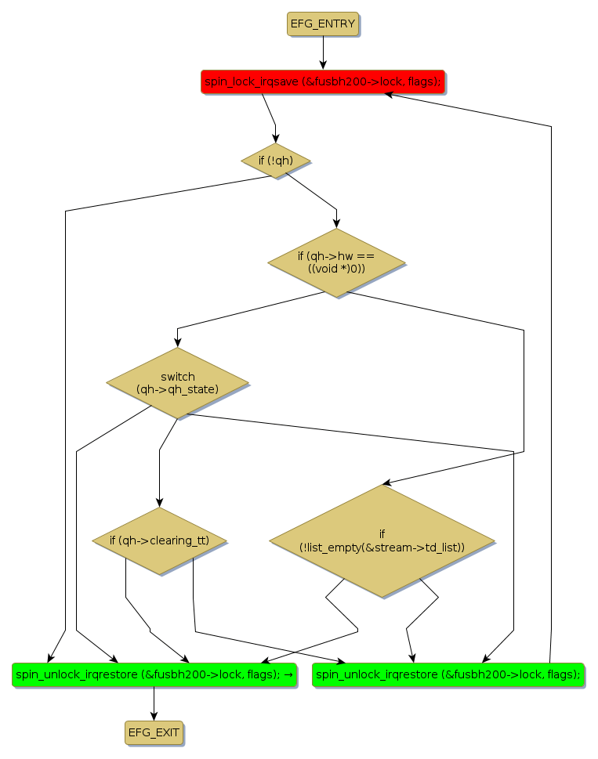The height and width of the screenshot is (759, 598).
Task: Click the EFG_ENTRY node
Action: (x=323, y=24)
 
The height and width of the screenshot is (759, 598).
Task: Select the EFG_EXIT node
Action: (x=154, y=733)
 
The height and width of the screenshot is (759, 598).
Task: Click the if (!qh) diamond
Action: (x=275, y=161)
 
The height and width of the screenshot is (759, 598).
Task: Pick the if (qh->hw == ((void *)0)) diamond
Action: (x=336, y=262)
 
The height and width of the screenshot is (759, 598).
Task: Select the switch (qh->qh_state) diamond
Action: (x=177, y=382)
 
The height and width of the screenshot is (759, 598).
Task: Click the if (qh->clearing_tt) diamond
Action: (x=159, y=540)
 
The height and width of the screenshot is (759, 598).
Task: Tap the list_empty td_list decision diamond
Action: (x=382, y=541)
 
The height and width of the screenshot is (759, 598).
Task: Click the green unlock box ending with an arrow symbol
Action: (x=154, y=674)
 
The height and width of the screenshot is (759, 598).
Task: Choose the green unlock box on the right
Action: (x=449, y=674)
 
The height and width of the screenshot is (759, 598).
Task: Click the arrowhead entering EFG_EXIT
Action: (x=154, y=716)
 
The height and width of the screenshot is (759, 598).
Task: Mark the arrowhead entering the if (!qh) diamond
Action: (x=275, y=139)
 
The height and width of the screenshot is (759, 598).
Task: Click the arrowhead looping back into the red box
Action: (x=388, y=94)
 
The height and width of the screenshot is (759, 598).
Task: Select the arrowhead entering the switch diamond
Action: (x=177, y=343)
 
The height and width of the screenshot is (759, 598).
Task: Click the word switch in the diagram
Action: (x=177, y=377)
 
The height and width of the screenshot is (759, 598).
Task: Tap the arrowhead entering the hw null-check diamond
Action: (x=336, y=224)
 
